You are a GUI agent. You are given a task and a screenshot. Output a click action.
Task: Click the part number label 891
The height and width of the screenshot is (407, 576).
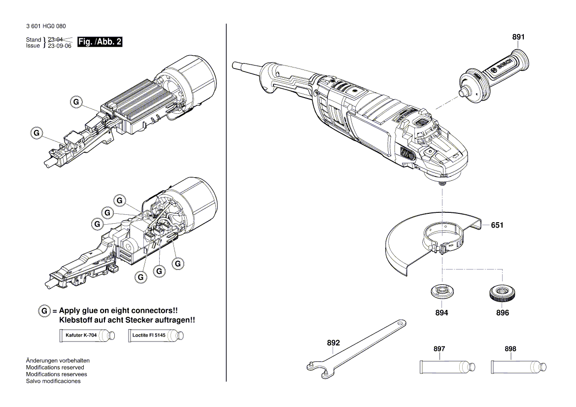[x=518, y=37]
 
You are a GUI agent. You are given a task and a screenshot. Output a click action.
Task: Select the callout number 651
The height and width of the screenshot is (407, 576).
[x=497, y=225]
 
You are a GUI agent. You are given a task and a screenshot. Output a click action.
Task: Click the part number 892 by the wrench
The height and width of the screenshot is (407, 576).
[x=334, y=342]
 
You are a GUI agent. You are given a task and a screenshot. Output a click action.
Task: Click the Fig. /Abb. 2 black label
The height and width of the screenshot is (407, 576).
[x=100, y=42]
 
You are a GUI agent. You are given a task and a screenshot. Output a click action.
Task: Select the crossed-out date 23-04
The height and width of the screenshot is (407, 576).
[x=55, y=39]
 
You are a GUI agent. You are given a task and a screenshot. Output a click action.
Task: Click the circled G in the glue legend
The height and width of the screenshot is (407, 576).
[x=44, y=311]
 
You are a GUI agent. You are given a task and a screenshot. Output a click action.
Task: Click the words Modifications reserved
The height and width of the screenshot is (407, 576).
[x=55, y=367]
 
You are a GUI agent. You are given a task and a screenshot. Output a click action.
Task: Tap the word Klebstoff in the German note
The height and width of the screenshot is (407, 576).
[x=75, y=320]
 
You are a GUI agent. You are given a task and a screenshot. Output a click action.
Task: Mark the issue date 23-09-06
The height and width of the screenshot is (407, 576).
[x=60, y=46]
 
